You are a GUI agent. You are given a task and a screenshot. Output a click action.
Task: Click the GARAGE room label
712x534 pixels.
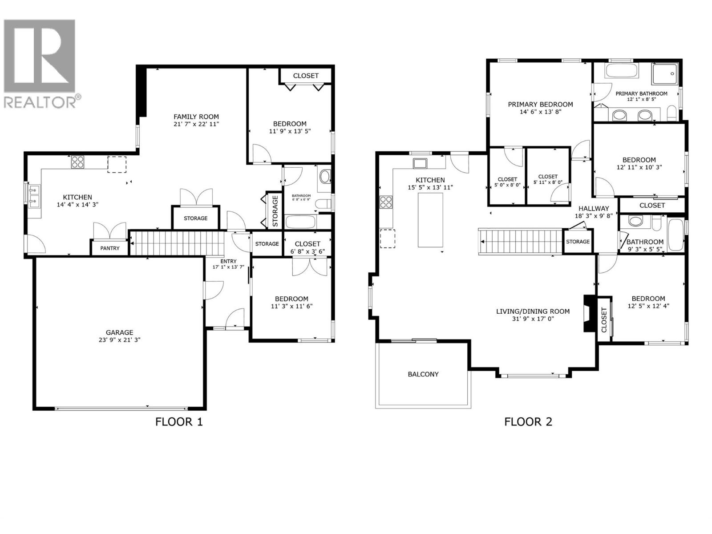click(x=119, y=332)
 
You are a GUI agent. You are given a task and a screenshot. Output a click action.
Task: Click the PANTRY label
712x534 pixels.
click(x=109, y=248)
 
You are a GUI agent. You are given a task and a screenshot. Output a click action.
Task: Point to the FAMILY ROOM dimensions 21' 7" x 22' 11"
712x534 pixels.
click(x=196, y=124)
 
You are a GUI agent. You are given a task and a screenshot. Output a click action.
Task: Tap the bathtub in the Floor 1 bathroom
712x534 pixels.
click(x=300, y=222)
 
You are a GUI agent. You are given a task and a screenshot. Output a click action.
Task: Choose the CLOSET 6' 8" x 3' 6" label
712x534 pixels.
click(x=307, y=247)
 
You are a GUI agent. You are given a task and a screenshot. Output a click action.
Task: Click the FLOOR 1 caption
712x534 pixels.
click(x=179, y=421)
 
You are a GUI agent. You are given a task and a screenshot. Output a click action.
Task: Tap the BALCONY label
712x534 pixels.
click(x=423, y=374)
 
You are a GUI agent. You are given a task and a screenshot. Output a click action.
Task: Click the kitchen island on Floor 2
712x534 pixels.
click(x=430, y=220)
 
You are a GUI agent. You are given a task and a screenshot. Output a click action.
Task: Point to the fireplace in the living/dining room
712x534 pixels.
click(x=589, y=313)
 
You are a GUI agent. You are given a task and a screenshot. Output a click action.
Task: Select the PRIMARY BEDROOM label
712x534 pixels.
click(x=540, y=105)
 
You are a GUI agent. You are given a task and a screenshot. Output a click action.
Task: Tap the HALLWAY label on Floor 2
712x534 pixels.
click(x=593, y=208)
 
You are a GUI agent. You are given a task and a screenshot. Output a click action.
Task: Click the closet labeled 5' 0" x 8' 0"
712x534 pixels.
click(x=507, y=182)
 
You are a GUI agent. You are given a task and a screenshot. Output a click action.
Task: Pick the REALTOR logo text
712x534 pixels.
click(x=40, y=102)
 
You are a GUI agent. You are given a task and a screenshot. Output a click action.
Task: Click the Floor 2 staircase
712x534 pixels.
click(x=521, y=241)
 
